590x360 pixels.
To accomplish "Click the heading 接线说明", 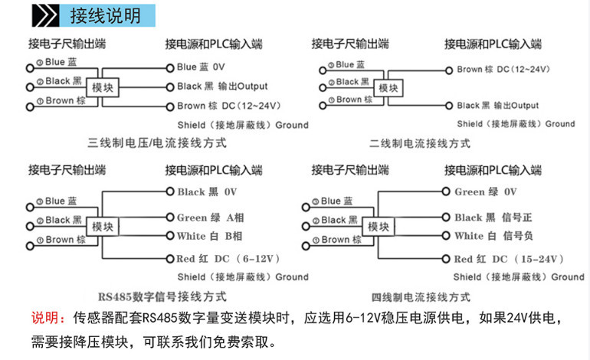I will click(x=105, y=15).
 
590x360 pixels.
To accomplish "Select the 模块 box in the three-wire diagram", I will click(x=103, y=87).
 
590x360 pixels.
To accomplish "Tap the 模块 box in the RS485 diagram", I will click(x=103, y=227).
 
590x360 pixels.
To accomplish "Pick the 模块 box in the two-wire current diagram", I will click(x=388, y=88).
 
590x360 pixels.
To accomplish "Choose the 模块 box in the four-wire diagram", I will click(x=378, y=227).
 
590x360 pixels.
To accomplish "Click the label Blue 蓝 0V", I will click(x=201, y=67).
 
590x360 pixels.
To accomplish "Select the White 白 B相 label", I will click(x=209, y=236).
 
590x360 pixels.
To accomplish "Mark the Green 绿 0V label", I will click(x=486, y=192).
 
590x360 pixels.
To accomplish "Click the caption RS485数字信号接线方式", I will click(x=162, y=296).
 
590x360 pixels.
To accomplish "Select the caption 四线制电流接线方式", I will click(x=421, y=296).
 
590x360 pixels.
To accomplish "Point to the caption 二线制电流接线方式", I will click(x=420, y=143).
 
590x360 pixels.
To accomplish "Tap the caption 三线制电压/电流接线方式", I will click(x=156, y=143).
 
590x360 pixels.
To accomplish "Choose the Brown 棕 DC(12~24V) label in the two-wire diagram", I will click(x=503, y=69).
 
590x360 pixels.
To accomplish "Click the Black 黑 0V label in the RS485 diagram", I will click(x=208, y=192).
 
